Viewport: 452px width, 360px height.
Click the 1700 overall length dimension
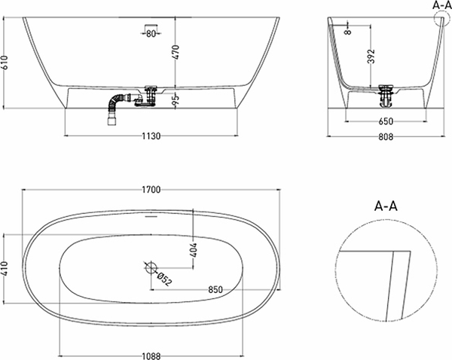151,191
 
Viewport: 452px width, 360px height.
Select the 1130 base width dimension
153,136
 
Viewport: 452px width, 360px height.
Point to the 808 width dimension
386,137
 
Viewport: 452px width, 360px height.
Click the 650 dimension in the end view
386,120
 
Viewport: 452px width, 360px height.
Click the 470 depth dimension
176,52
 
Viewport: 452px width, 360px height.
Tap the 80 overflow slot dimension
151,33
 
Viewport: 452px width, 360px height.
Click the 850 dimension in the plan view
215,290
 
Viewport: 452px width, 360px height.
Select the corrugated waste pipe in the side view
118,106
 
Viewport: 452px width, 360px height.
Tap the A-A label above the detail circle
386,205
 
